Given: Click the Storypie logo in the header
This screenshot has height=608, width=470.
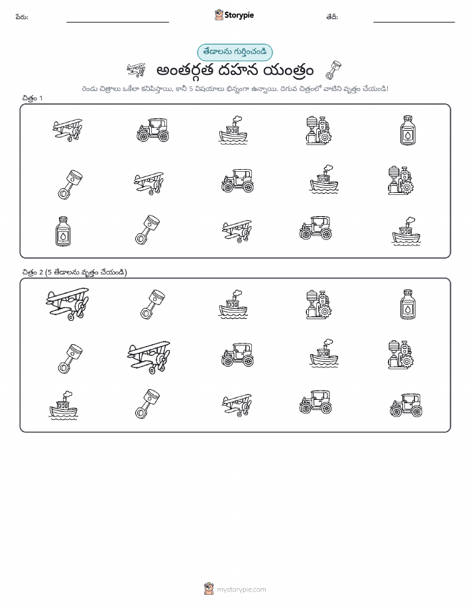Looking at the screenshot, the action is (234, 15).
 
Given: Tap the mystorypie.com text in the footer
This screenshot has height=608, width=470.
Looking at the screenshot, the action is (241, 589).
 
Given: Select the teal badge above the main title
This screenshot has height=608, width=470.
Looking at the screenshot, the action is (235, 52).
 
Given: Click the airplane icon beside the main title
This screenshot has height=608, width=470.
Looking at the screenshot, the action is (136, 70).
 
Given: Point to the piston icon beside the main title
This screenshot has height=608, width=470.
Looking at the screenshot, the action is (333, 70).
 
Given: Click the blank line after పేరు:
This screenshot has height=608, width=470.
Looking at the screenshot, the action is (117, 22).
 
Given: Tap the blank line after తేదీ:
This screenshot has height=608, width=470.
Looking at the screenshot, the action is (414, 22).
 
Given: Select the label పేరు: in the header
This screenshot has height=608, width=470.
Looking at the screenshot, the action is (22, 17).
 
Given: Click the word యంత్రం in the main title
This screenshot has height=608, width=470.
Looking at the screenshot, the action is (288, 71).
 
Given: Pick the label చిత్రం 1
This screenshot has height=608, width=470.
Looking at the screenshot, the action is (32, 98).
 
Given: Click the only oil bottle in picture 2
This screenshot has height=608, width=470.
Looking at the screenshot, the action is (408, 304).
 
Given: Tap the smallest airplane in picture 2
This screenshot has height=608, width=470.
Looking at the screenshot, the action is (237, 405).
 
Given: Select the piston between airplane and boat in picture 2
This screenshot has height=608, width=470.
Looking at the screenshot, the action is (152, 304).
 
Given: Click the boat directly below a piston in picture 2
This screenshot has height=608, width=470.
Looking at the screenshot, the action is (63, 405).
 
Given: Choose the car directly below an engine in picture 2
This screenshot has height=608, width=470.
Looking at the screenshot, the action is (406, 405).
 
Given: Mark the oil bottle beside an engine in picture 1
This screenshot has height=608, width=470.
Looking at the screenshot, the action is (408, 130).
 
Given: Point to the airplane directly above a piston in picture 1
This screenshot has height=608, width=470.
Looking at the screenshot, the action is (68, 130).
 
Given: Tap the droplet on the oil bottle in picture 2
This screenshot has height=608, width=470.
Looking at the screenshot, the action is (408, 309).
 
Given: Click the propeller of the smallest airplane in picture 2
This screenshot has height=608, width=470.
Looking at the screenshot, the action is (246, 407).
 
